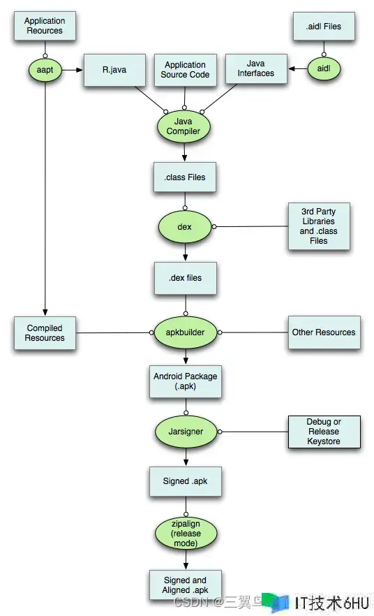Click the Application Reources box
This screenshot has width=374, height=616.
coord(45,26)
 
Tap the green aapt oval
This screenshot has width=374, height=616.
coord(45,70)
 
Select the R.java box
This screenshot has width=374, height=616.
coord(114,70)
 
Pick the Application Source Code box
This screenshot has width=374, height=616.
coord(185,70)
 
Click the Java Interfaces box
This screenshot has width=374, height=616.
coord(256,68)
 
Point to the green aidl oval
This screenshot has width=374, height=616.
coord(323,68)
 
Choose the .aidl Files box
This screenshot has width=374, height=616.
coord(324,26)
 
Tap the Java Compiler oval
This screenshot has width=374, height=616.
coord(184,126)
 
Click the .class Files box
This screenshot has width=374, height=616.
coord(185,177)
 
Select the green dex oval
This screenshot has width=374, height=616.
coord(184,227)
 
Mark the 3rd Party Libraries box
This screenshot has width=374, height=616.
coord(319,226)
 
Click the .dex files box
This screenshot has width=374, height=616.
coord(185,278)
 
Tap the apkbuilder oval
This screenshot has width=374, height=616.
coord(185,332)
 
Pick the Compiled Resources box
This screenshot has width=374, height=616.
coord(45,333)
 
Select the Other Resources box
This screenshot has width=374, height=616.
coord(324,332)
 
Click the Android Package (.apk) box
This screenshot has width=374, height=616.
coord(185,381)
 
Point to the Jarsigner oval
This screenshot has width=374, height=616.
coord(186,432)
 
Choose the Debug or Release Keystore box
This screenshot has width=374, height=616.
coord(324,432)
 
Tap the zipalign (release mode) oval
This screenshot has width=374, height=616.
coord(186,534)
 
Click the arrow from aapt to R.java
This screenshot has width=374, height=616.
coord(73,70)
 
